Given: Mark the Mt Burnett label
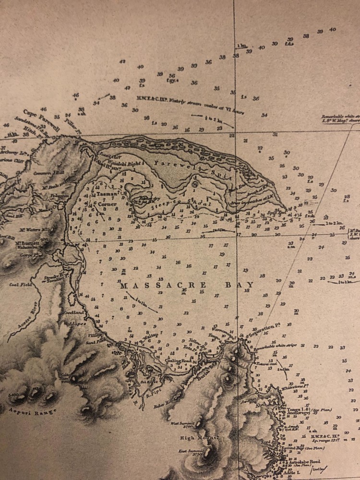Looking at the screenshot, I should click(26, 243).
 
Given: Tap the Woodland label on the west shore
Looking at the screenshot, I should click(72, 312).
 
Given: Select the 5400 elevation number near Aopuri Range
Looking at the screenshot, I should click(13, 395).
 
